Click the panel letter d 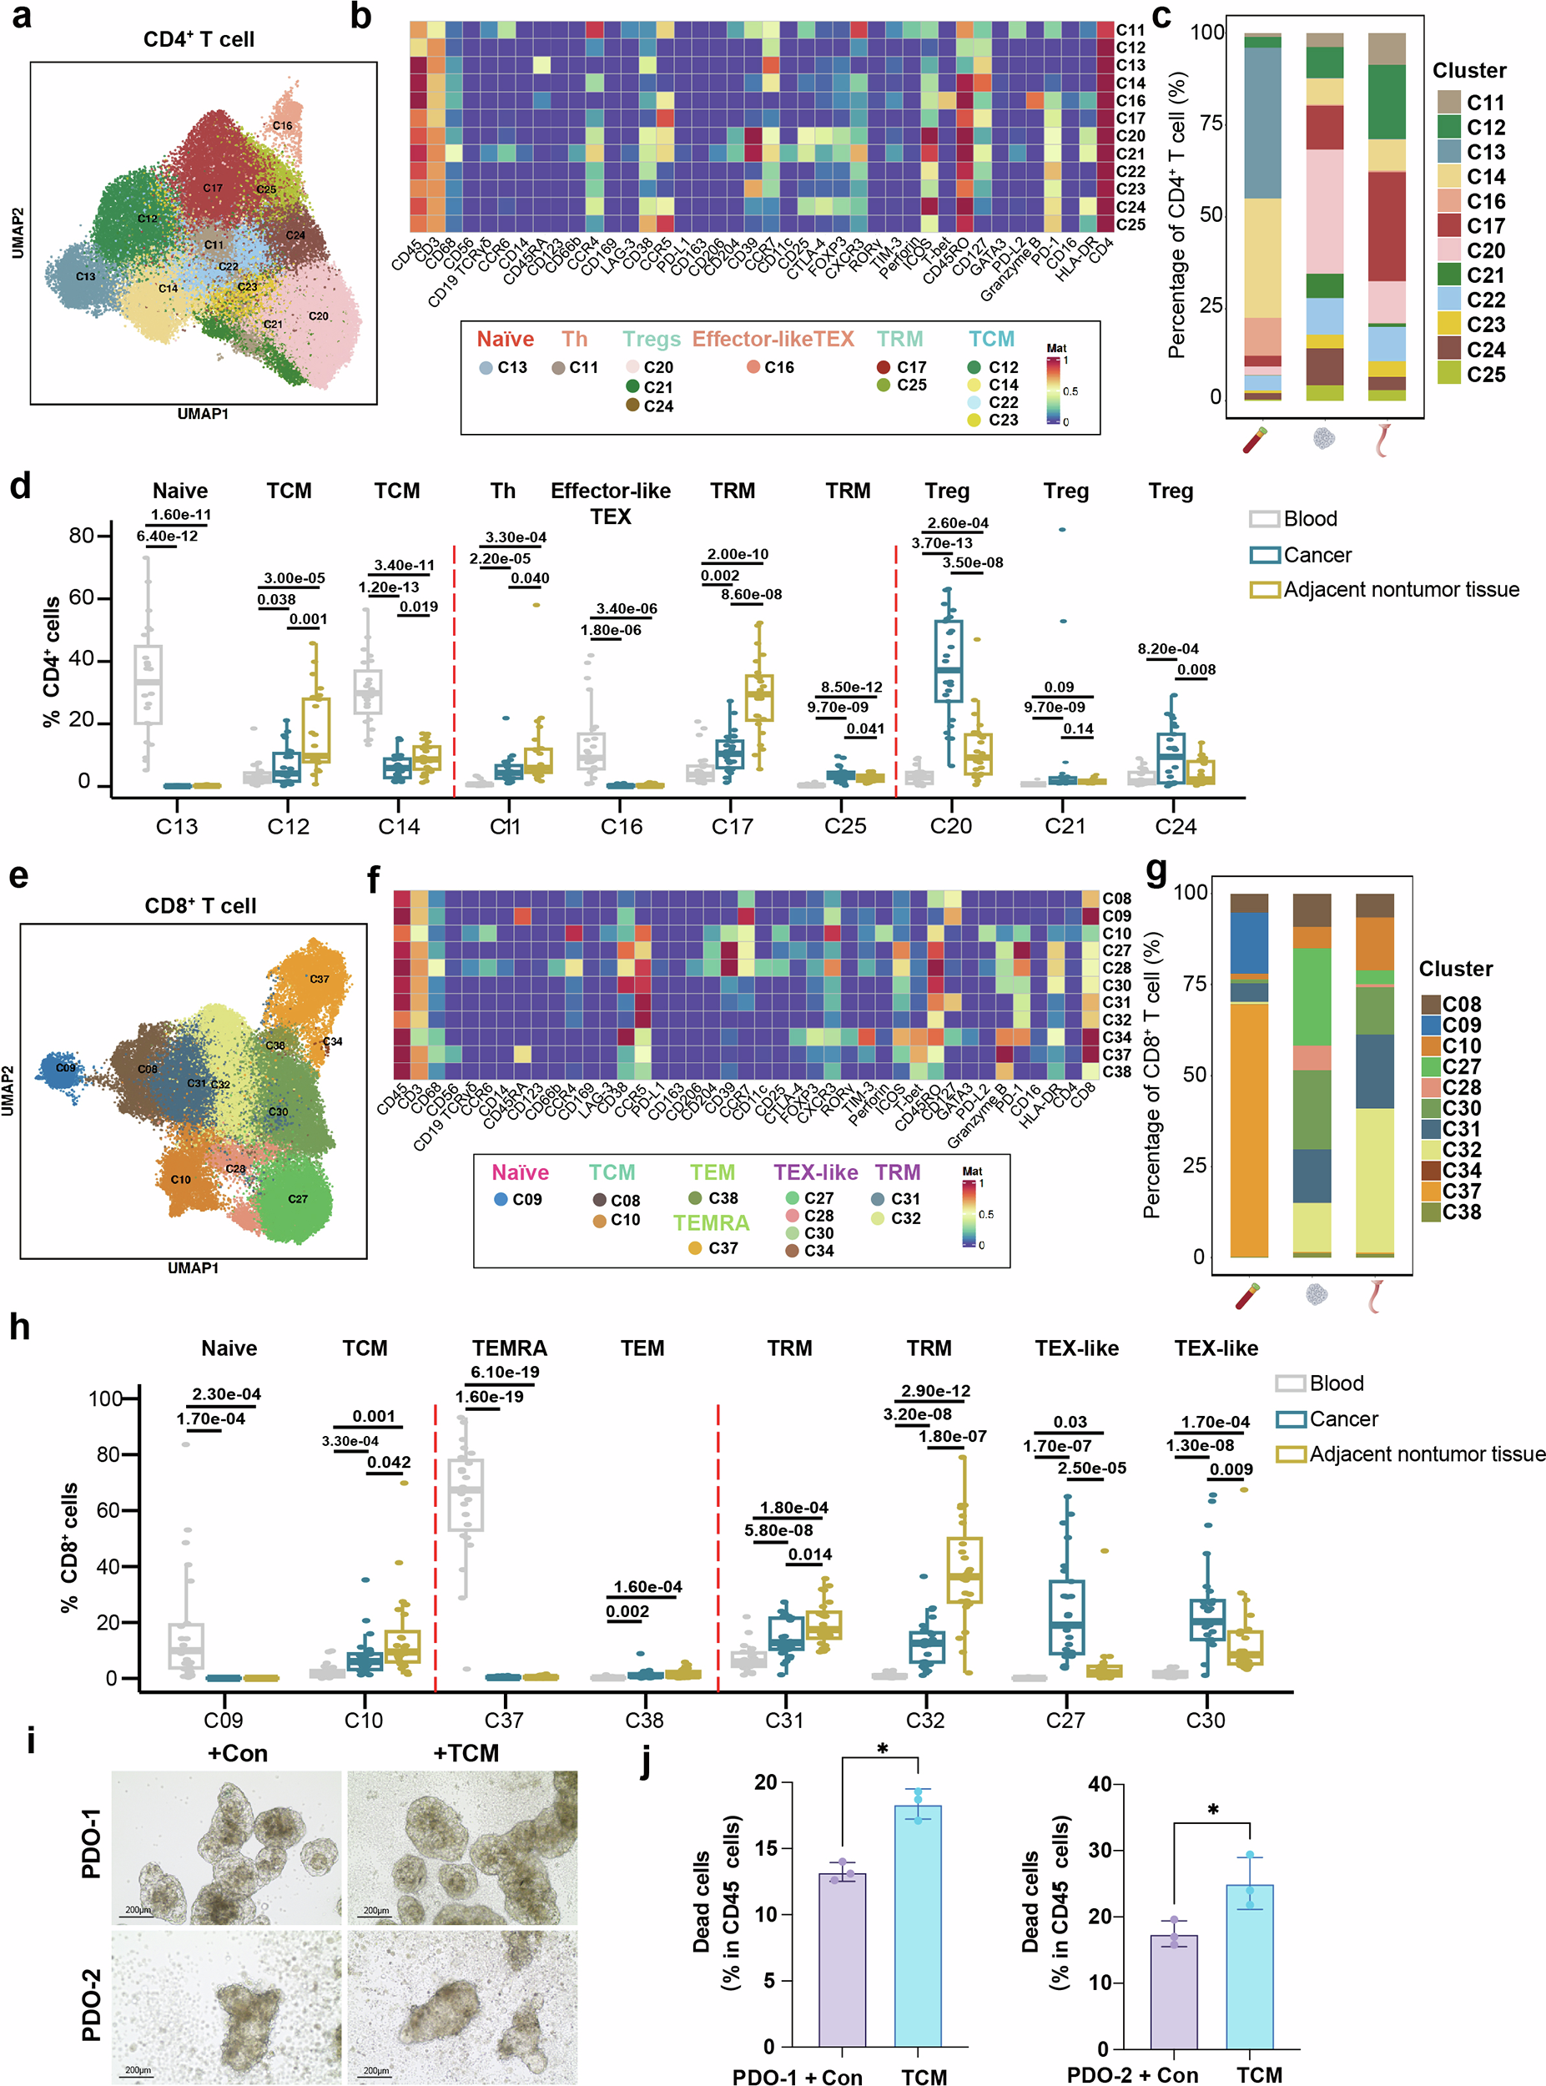point(20,486)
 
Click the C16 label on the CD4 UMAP point(283,125)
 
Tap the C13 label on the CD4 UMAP point(85,276)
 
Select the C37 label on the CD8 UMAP point(319,979)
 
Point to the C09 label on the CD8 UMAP point(66,1068)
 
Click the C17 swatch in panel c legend point(1449,225)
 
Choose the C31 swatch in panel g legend point(1431,1129)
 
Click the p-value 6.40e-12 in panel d point(168,537)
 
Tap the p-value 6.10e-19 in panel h point(505,1372)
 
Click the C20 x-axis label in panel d point(951,826)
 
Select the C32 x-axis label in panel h point(924,1720)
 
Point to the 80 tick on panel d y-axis point(82,536)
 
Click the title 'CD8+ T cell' point(200,906)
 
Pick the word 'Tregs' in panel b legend point(652,339)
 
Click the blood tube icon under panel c point(1255,439)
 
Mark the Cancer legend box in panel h point(1291,1419)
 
